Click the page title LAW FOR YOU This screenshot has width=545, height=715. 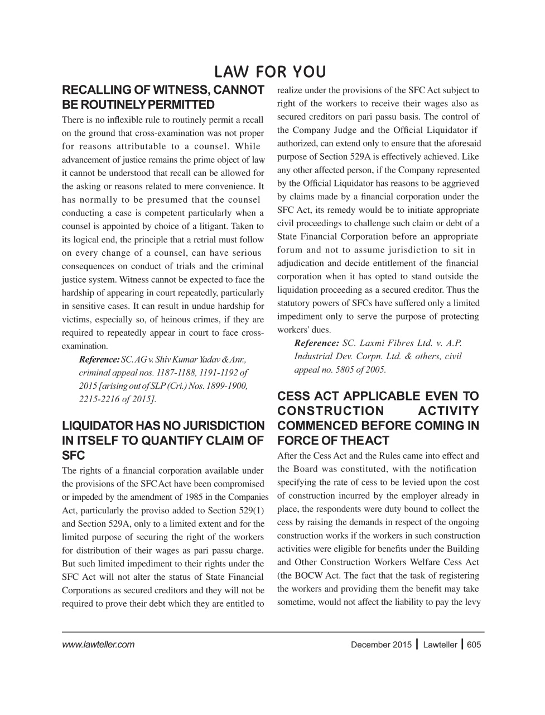click(270, 72)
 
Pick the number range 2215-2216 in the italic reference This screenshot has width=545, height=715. click(99, 399)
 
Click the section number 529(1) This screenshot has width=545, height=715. click(248, 511)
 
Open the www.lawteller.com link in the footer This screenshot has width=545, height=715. click(98, 645)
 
